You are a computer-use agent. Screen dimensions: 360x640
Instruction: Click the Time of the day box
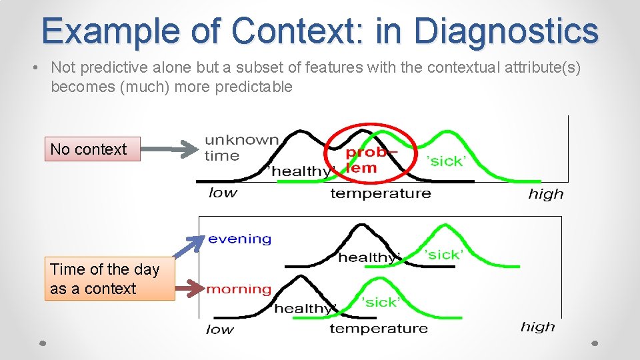point(109,279)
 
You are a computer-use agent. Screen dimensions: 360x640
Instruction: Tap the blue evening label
point(239,239)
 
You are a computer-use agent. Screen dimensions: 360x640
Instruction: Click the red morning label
point(239,289)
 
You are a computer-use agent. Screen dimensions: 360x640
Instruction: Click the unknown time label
point(241,147)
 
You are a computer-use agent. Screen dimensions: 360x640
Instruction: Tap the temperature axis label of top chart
point(381,193)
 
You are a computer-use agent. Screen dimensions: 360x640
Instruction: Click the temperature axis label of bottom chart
point(379,328)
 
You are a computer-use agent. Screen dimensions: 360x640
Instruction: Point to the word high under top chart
point(545,194)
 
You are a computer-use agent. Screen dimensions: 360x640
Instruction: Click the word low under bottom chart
point(220,329)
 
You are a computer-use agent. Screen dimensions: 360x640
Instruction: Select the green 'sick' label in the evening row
point(443,255)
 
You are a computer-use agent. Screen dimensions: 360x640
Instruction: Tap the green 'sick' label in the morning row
point(380,302)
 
